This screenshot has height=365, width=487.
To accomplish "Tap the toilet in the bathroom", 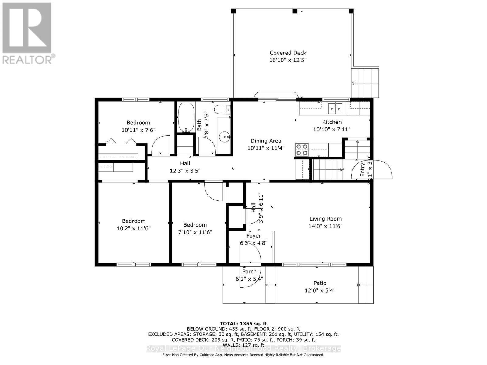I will (222, 109).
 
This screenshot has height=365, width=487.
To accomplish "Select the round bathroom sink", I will (225, 137).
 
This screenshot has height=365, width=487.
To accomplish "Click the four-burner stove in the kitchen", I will (302, 150).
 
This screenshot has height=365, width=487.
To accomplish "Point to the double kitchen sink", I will (335, 108).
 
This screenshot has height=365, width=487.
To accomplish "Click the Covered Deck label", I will (288, 53).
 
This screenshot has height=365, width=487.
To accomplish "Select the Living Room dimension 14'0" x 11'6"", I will (325, 226).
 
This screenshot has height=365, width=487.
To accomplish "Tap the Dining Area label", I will (266, 141).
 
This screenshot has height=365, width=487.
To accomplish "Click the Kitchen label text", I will (332, 122).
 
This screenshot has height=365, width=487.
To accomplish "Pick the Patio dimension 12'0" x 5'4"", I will (320, 290).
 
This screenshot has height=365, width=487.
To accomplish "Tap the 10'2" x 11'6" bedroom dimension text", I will (134, 228).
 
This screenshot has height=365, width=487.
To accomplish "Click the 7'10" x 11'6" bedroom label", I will (195, 225).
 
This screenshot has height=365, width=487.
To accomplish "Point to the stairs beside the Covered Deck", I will (365, 82).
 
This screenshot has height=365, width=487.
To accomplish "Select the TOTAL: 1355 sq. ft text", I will (243, 323).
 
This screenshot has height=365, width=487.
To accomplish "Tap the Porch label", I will (249, 272).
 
